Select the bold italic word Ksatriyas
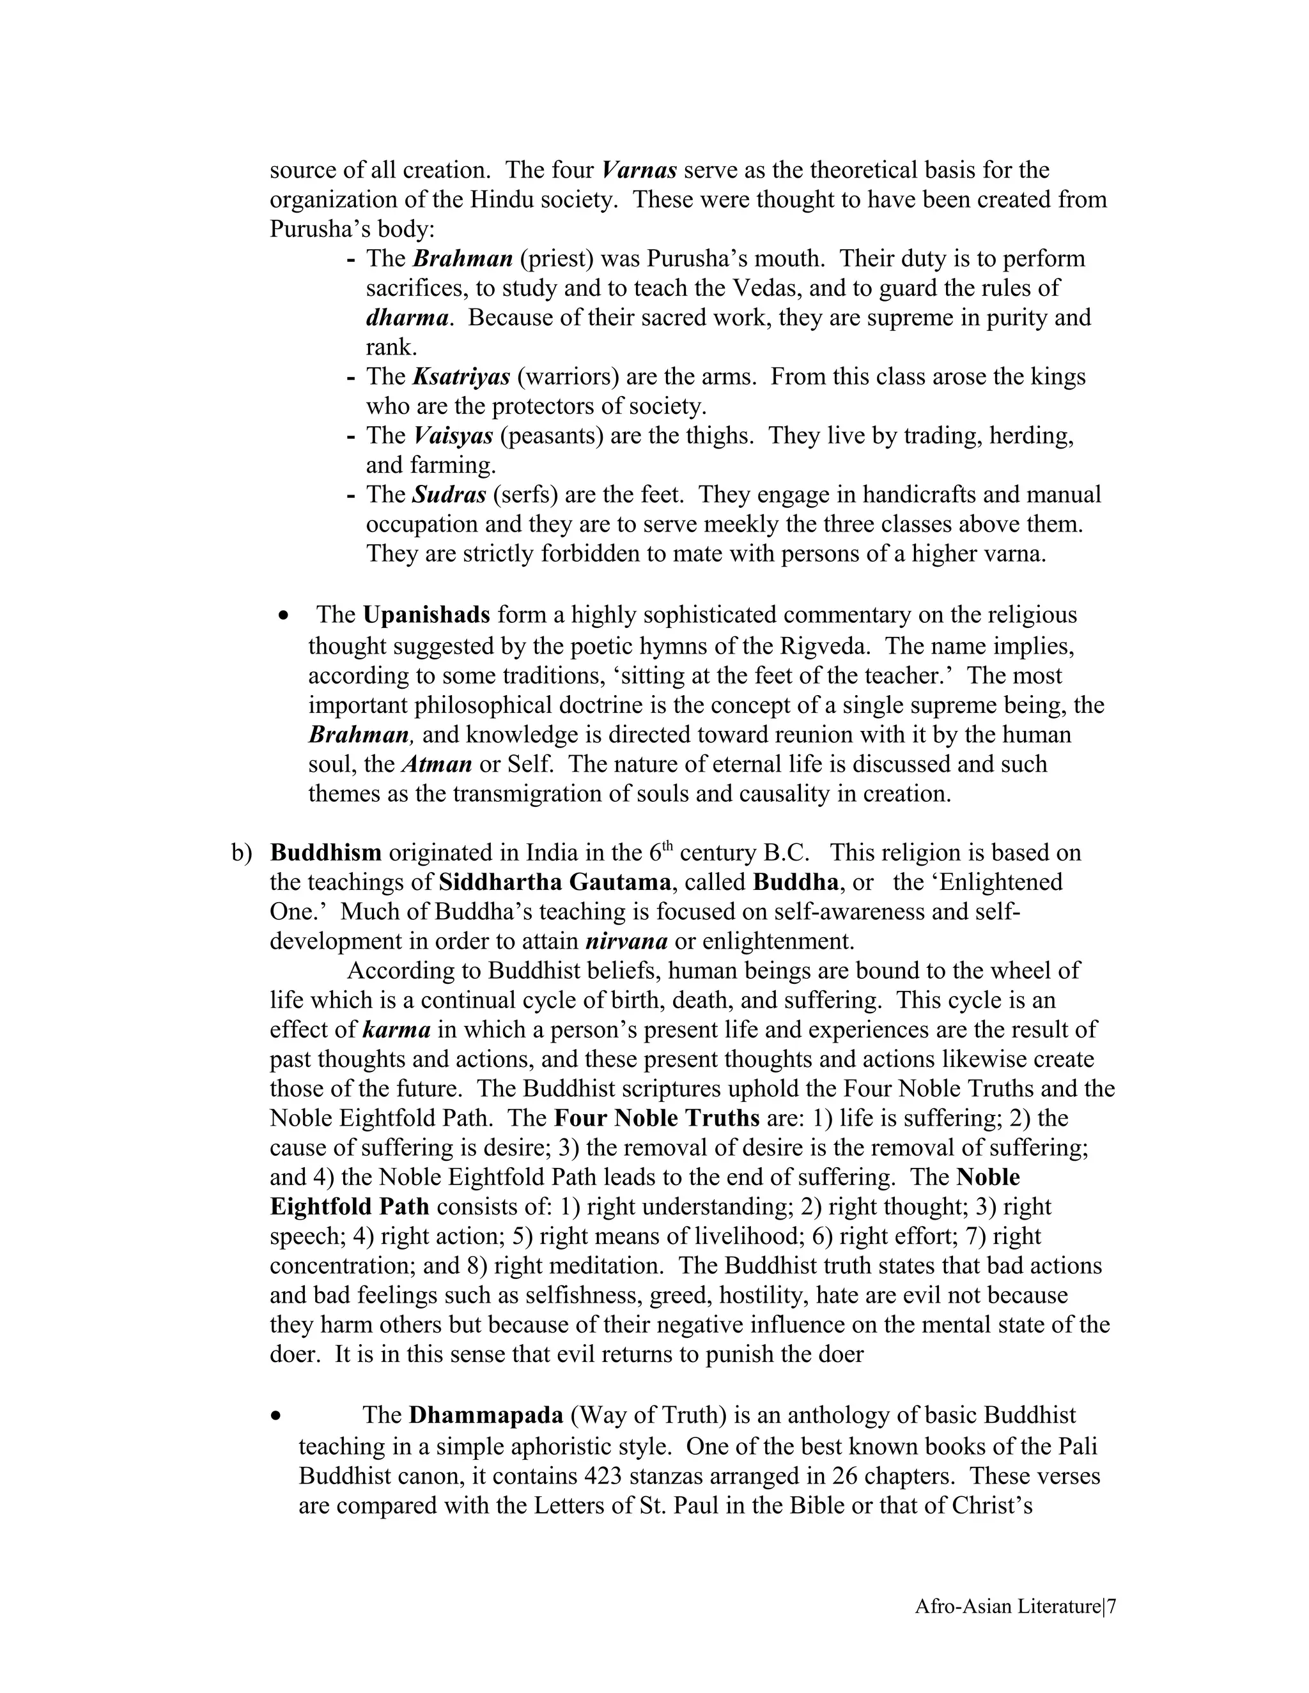pyautogui.click(x=461, y=377)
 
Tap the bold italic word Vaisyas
pyautogui.click(x=453, y=436)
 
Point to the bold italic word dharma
pyautogui.click(x=407, y=318)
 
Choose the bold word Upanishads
pyautogui.click(x=426, y=615)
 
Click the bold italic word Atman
pyautogui.click(x=437, y=764)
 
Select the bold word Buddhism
pyautogui.click(x=326, y=853)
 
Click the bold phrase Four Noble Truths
pyautogui.click(x=656, y=1119)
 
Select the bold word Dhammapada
pyautogui.click(x=486, y=1416)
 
